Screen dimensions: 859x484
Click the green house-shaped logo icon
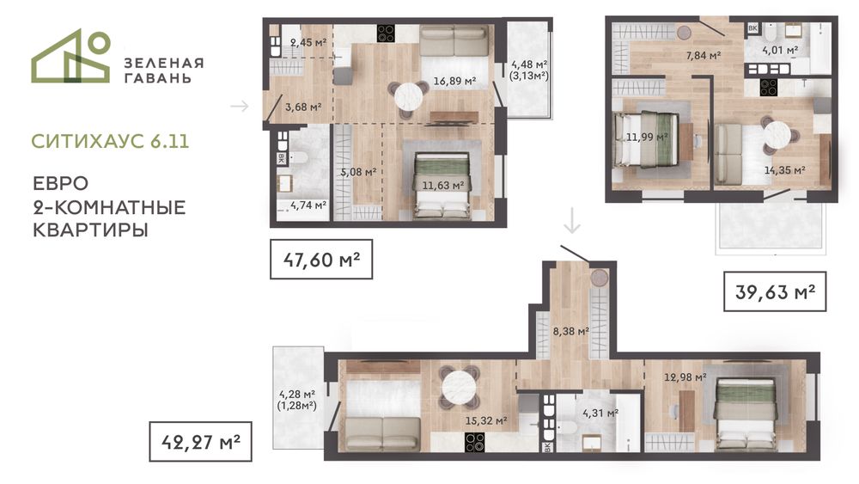[x=70, y=56]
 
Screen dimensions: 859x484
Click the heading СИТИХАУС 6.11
[x=110, y=142]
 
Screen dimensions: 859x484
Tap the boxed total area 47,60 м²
[x=321, y=260]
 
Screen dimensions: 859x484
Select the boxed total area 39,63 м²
[x=775, y=291]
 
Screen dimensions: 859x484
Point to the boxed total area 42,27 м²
[x=200, y=441]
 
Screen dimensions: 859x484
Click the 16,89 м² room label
[x=454, y=81]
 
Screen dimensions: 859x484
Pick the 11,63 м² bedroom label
[x=443, y=186]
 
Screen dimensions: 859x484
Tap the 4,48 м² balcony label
[x=528, y=64]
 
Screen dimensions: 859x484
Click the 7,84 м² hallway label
[x=704, y=55]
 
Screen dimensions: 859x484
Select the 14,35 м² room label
[x=785, y=170]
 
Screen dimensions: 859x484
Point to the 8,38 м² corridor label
[x=571, y=331]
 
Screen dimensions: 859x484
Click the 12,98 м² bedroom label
[x=685, y=377]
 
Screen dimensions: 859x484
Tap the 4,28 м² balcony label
[x=297, y=394]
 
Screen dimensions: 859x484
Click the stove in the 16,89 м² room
[x=386, y=33]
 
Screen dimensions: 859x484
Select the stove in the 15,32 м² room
[x=474, y=443]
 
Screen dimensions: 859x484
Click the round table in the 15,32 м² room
[x=459, y=387]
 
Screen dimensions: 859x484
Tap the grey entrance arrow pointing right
[x=240, y=106]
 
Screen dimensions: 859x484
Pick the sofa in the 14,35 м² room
[x=728, y=155]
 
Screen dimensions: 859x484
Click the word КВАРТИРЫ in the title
[x=90, y=230]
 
